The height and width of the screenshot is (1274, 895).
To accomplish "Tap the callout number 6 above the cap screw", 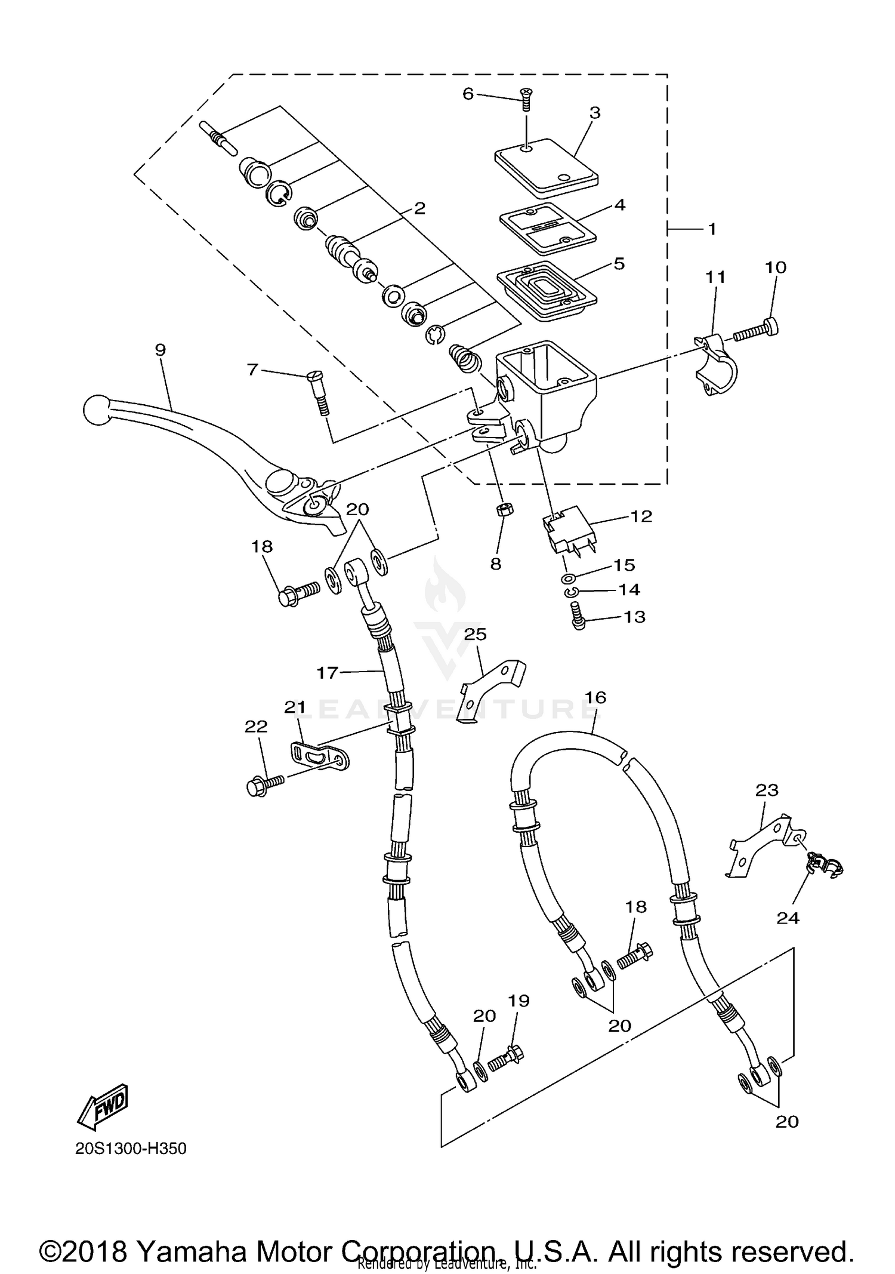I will tap(468, 94).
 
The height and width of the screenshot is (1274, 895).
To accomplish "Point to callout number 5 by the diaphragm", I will tap(619, 263).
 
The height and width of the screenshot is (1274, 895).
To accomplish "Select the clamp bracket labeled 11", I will tap(717, 365).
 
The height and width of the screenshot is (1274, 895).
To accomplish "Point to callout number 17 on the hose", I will tap(327, 673).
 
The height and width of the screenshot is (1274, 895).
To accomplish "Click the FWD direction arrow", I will tap(103, 1106).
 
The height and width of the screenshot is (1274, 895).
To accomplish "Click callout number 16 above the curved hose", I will tap(595, 697).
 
